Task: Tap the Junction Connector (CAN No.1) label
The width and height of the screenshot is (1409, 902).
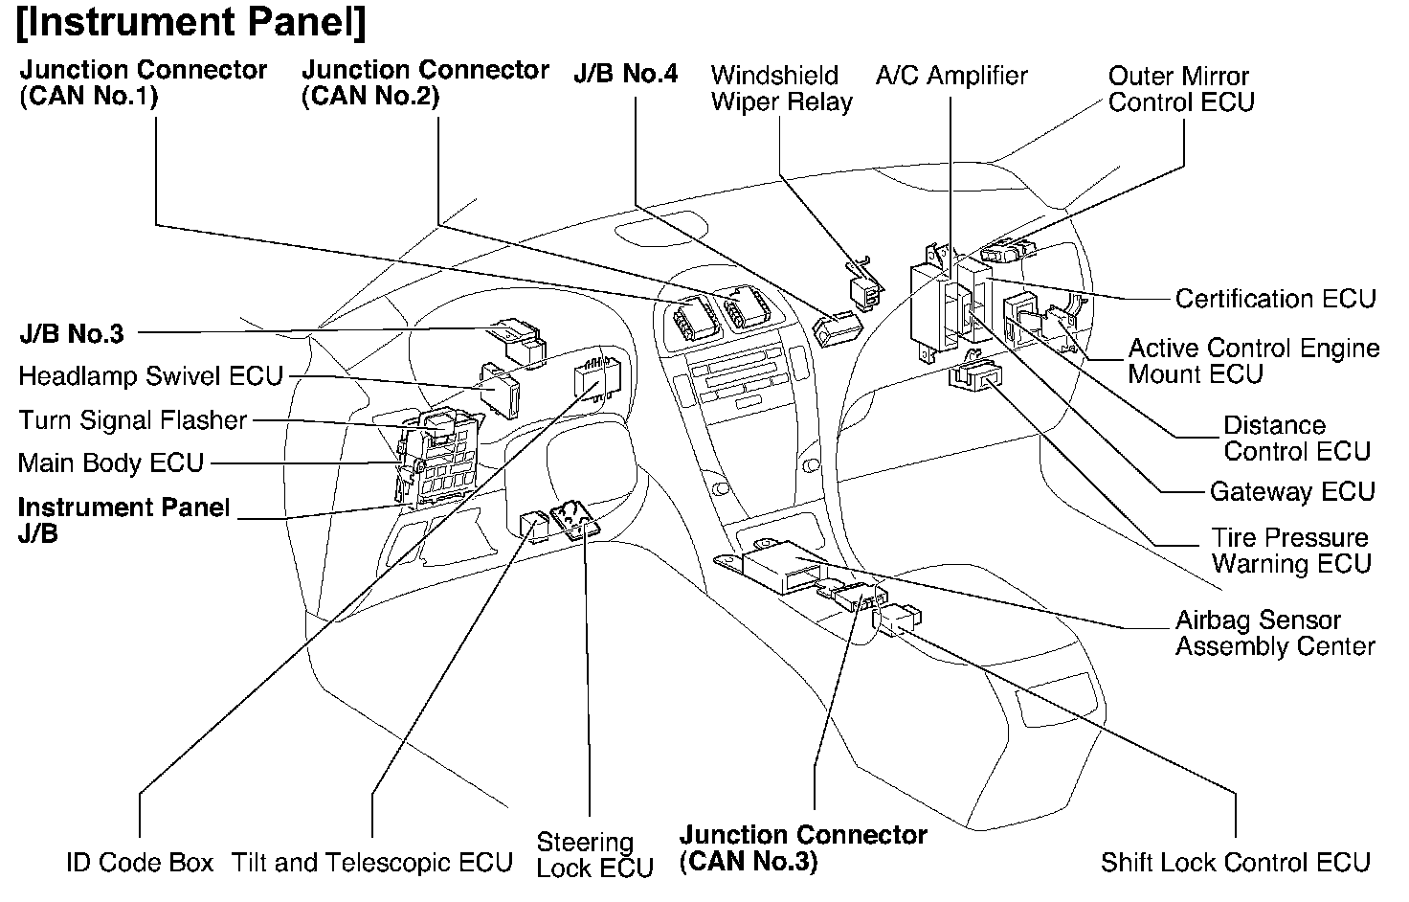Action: pos(144,83)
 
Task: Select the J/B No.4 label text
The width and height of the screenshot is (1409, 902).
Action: pos(625,75)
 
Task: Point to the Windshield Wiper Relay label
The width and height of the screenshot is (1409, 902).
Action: pos(781,89)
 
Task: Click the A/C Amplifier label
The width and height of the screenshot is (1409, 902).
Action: pos(951,76)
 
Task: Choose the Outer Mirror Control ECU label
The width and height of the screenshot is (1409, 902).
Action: pos(1180,89)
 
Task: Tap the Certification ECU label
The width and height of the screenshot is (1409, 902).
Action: pos(1275,299)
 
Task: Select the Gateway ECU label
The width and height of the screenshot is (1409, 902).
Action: pos(1292,492)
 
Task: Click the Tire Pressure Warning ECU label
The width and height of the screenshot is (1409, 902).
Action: pos(1291,551)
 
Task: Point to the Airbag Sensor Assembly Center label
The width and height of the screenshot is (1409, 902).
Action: pos(1275,633)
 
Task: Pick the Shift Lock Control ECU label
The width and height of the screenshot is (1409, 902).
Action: pos(1235,863)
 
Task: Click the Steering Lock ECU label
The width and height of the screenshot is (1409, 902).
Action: pos(594,855)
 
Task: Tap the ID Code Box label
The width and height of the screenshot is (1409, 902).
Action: pos(140,863)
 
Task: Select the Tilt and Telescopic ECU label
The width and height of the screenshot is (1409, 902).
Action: pos(372,863)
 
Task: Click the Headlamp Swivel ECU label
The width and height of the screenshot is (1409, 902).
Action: pos(150,375)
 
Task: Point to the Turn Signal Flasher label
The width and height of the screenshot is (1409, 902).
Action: pos(133,419)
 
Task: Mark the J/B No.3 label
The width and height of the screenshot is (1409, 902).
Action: pos(72,334)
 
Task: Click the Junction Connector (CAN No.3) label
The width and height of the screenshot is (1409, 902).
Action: pos(803,848)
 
